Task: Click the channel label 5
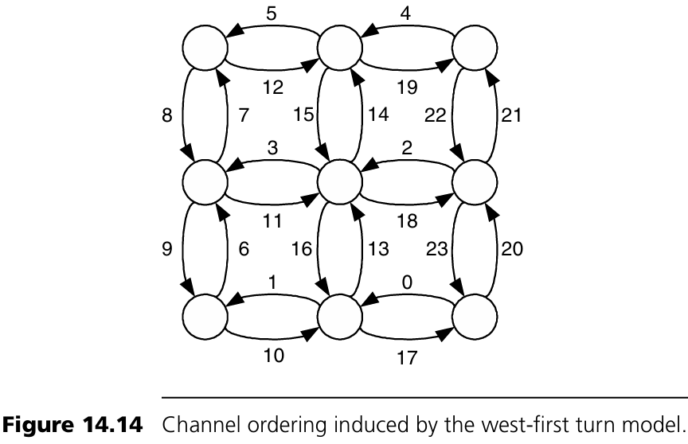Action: (272, 14)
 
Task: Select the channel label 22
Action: (436, 116)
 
